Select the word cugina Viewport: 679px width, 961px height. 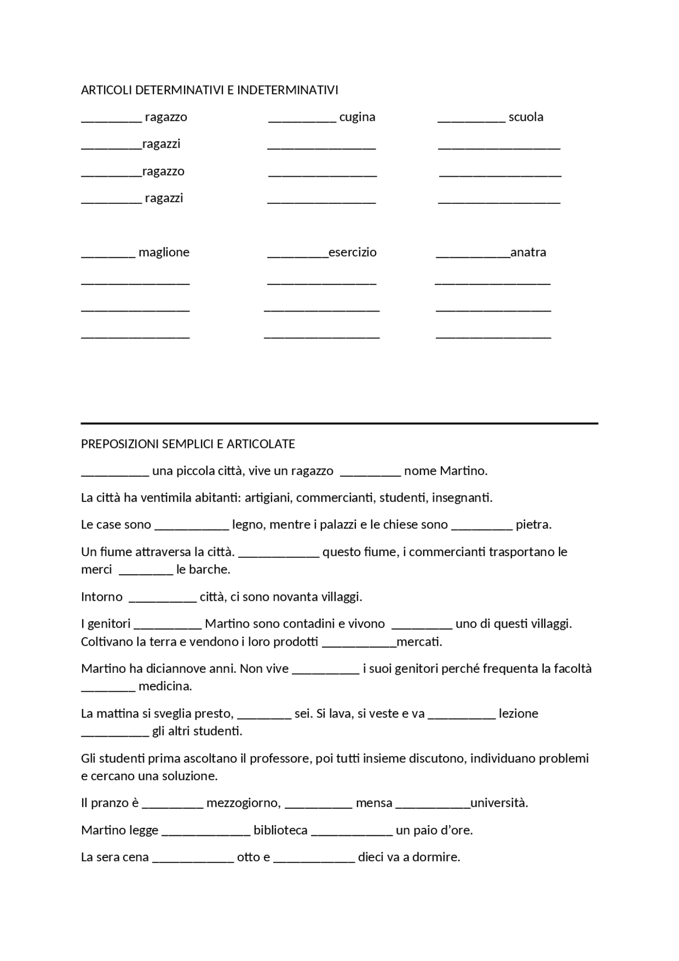point(357,117)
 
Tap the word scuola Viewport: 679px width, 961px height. point(526,117)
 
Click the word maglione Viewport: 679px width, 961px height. point(164,253)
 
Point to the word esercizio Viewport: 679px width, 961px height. point(352,253)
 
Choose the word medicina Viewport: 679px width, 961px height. point(165,687)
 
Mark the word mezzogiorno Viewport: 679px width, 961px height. point(243,803)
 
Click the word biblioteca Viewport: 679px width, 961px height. point(281,830)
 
